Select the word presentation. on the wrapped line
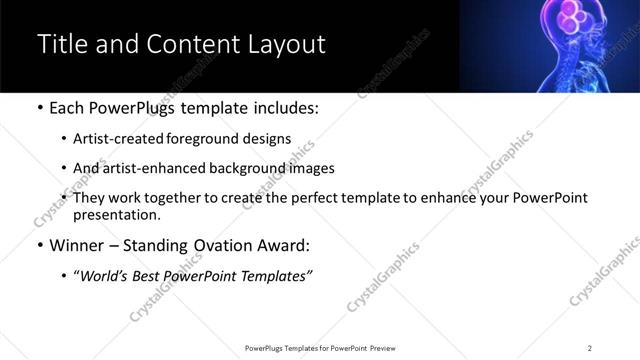115,214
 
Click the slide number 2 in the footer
589,347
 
